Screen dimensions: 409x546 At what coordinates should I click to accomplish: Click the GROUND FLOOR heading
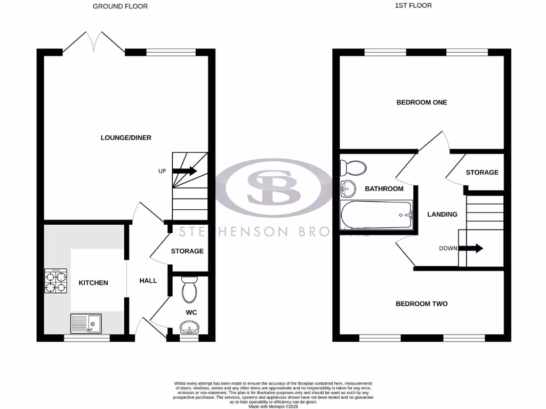click(120, 6)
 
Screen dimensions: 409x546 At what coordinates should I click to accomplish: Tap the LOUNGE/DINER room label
click(126, 138)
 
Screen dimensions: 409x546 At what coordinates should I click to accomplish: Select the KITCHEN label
click(93, 283)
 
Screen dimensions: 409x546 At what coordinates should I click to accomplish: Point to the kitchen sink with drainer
click(86, 323)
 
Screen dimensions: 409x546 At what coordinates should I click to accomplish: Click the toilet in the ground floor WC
click(189, 290)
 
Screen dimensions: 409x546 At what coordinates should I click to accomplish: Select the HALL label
click(148, 281)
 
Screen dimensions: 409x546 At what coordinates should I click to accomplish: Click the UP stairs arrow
click(184, 171)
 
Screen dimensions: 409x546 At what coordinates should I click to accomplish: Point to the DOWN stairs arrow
click(472, 248)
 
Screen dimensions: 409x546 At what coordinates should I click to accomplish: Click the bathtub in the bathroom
click(376, 215)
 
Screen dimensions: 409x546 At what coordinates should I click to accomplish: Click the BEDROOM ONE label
click(421, 102)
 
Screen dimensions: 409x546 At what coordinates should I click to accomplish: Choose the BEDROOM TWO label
click(421, 304)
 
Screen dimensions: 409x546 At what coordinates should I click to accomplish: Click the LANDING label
click(443, 215)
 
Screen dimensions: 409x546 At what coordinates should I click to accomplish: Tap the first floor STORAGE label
click(482, 173)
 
